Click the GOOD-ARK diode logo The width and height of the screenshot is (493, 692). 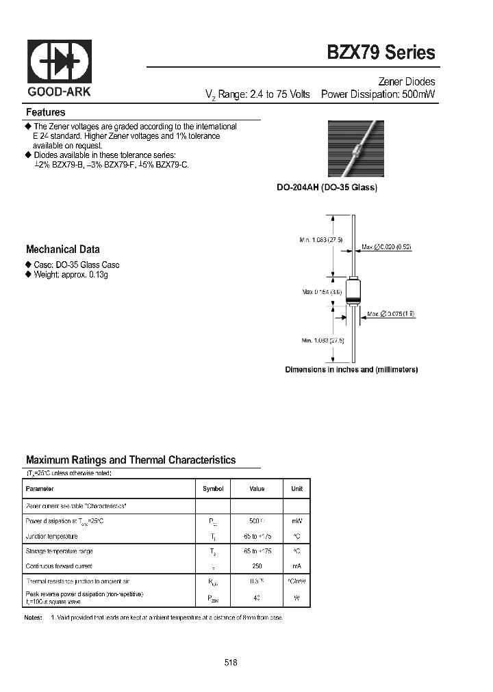click(59, 62)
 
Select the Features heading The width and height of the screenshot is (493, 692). click(46, 112)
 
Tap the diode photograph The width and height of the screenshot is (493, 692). click(355, 150)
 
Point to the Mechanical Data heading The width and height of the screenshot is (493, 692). click(63, 250)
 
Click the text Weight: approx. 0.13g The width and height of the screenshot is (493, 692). click(71, 274)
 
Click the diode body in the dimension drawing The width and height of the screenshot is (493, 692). click(353, 291)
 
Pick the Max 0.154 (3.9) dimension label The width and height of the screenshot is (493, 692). click(322, 292)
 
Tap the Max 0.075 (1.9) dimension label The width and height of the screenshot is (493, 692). click(390, 314)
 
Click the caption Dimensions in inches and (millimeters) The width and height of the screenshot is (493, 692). click(351, 369)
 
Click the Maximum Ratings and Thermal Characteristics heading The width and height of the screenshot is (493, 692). click(131, 460)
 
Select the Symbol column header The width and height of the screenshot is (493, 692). click(213, 489)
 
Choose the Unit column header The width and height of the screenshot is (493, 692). click(296, 489)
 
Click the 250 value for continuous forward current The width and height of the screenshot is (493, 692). click(257, 566)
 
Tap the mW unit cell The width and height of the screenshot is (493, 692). click(296, 521)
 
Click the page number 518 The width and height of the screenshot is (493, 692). click(231, 663)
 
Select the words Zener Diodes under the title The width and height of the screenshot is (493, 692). click(407, 81)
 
